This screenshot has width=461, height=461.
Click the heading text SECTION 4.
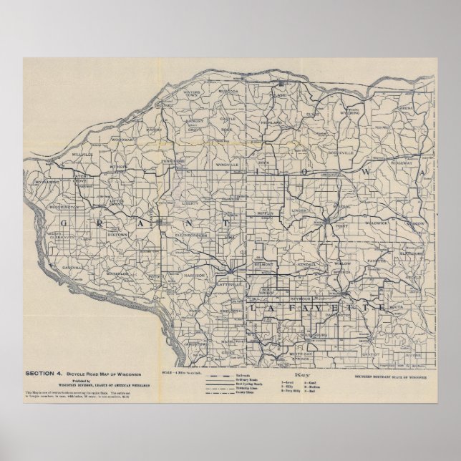44,374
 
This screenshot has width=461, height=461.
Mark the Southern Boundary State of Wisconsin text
392,374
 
